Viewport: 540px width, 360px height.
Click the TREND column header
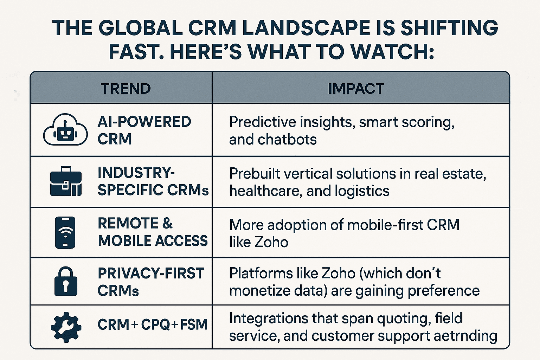tap(126, 89)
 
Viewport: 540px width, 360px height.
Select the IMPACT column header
tap(356, 89)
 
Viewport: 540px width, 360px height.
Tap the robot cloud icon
tap(65, 129)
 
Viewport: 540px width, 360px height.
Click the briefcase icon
tap(66, 181)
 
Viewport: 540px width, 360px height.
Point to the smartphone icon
tap(65, 233)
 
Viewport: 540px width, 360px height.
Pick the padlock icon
tap(66, 281)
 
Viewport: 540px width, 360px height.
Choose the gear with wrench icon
tap(66, 327)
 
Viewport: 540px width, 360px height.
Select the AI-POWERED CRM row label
tap(144, 130)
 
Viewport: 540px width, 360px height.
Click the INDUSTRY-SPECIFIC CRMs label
tap(153, 181)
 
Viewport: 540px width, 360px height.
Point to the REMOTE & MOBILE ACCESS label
tap(153, 232)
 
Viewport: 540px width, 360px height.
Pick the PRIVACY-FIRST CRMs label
tap(151, 282)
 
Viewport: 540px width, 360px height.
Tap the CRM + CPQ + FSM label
tap(153, 324)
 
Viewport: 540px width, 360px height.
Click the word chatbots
tap(287, 139)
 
